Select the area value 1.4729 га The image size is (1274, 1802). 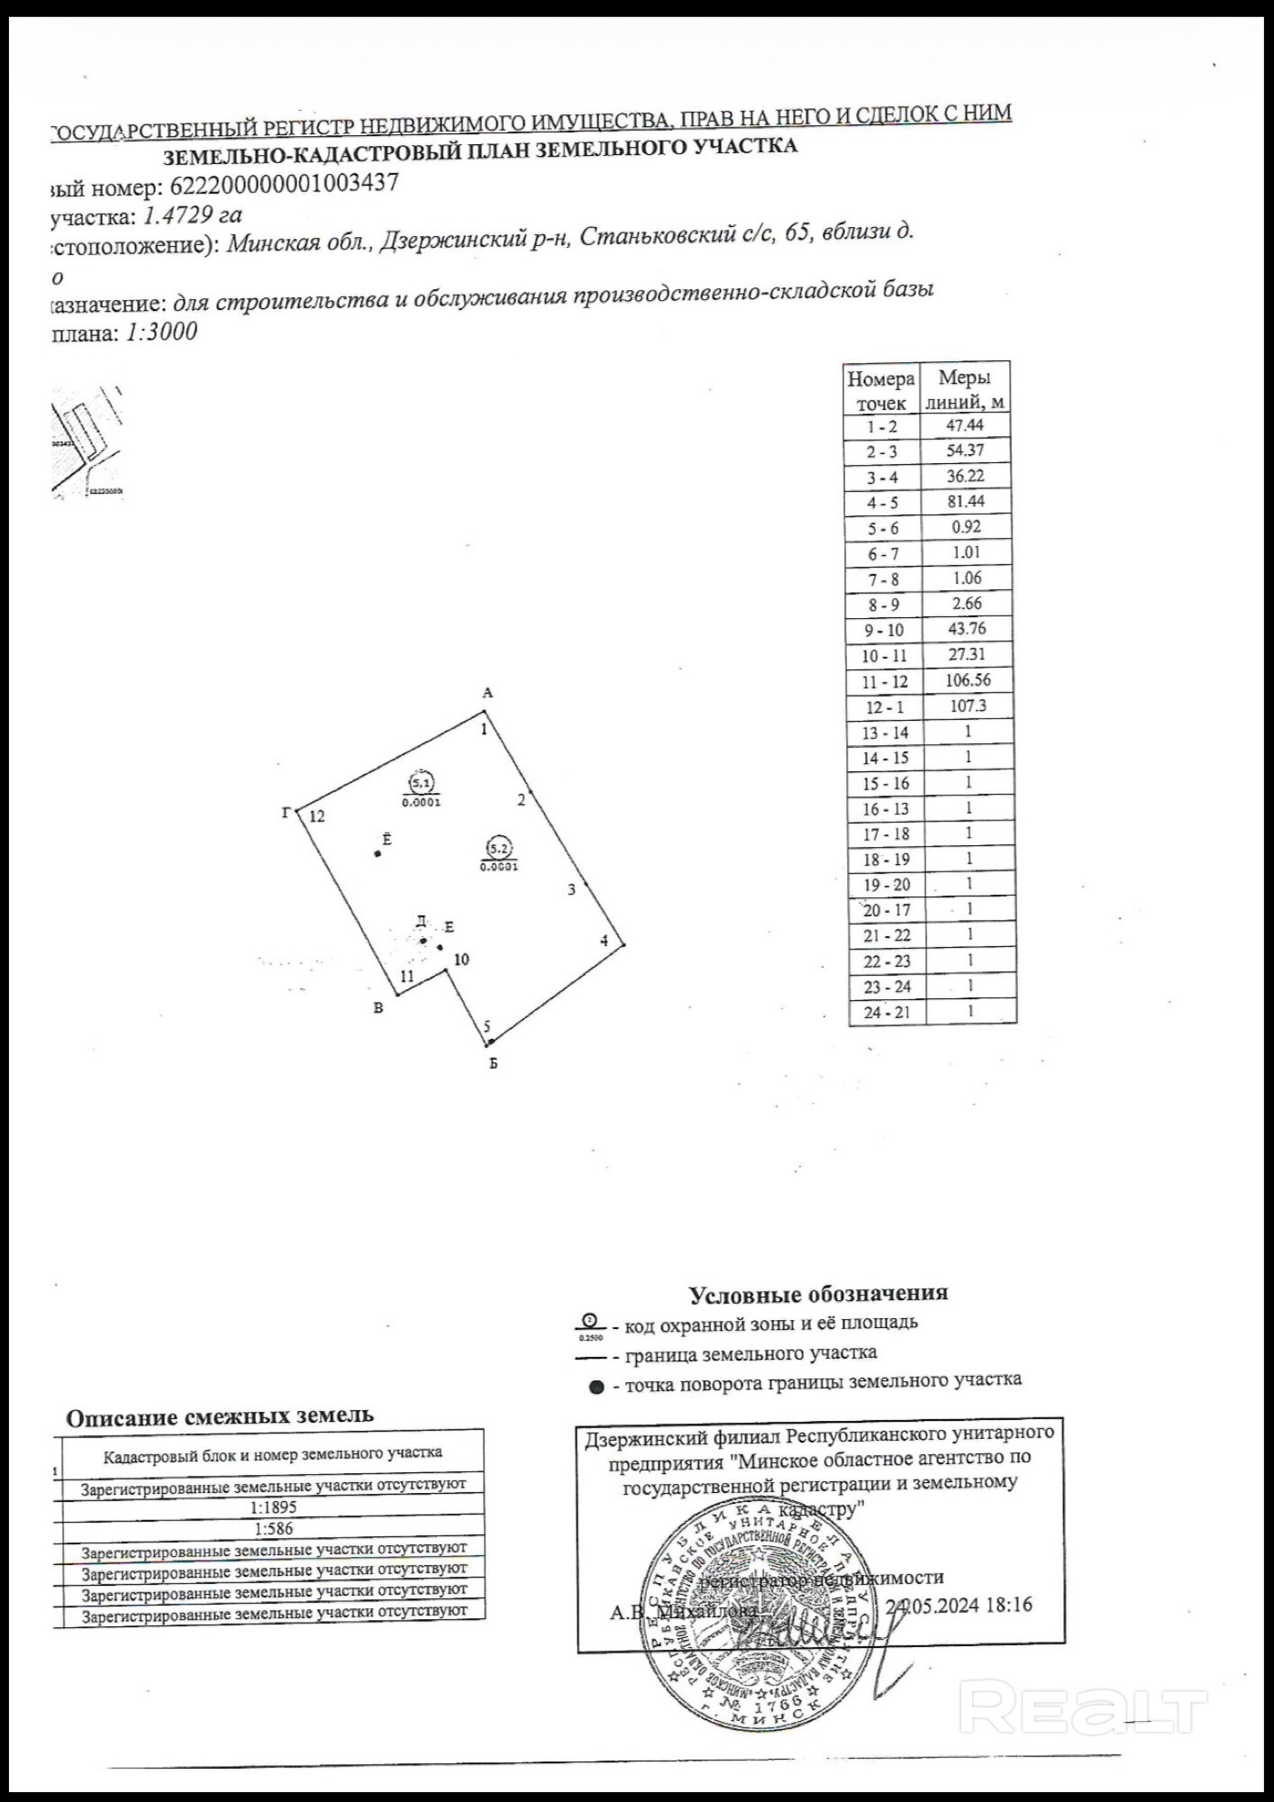(x=193, y=215)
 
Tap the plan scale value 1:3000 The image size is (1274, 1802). (x=161, y=332)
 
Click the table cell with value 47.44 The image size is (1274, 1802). (x=964, y=425)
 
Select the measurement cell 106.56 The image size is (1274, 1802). (x=968, y=680)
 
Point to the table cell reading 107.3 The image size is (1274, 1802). (x=969, y=705)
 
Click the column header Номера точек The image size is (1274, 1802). (x=880, y=390)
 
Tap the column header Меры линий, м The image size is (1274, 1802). (x=964, y=388)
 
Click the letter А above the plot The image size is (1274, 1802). (x=487, y=693)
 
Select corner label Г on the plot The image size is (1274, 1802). (x=286, y=813)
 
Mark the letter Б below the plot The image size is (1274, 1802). (x=493, y=1063)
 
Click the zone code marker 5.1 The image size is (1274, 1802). (x=421, y=780)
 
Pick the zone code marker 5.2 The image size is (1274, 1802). (x=498, y=847)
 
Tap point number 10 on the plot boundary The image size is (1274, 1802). (x=461, y=960)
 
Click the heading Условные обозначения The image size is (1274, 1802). (x=818, y=1294)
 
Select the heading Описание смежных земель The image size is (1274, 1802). (x=220, y=1415)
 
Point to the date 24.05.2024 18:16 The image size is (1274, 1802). (x=959, y=1605)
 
